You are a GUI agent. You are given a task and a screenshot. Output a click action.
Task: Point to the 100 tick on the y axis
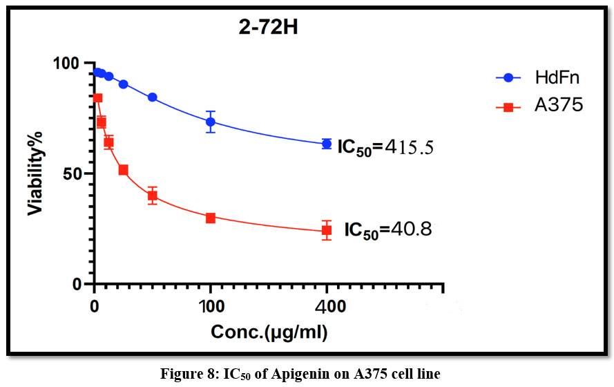click(x=68, y=63)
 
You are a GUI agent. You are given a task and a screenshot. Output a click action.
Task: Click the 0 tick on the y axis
click(x=78, y=284)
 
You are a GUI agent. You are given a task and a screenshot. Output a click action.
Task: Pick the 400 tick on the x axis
click(x=327, y=305)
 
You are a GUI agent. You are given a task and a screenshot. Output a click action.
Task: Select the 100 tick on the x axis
click(x=211, y=305)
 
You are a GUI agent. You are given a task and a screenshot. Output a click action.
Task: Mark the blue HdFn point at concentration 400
click(x=327, y=144)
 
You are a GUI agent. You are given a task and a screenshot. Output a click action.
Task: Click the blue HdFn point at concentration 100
click(x=211, y=122)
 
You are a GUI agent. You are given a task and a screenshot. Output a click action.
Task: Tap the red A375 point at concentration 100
click(x=211, y=218)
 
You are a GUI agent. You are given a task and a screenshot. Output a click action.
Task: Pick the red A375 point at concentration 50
click(x=153, y=196)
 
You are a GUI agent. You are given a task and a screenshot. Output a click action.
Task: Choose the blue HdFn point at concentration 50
click(x=153, y=97)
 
